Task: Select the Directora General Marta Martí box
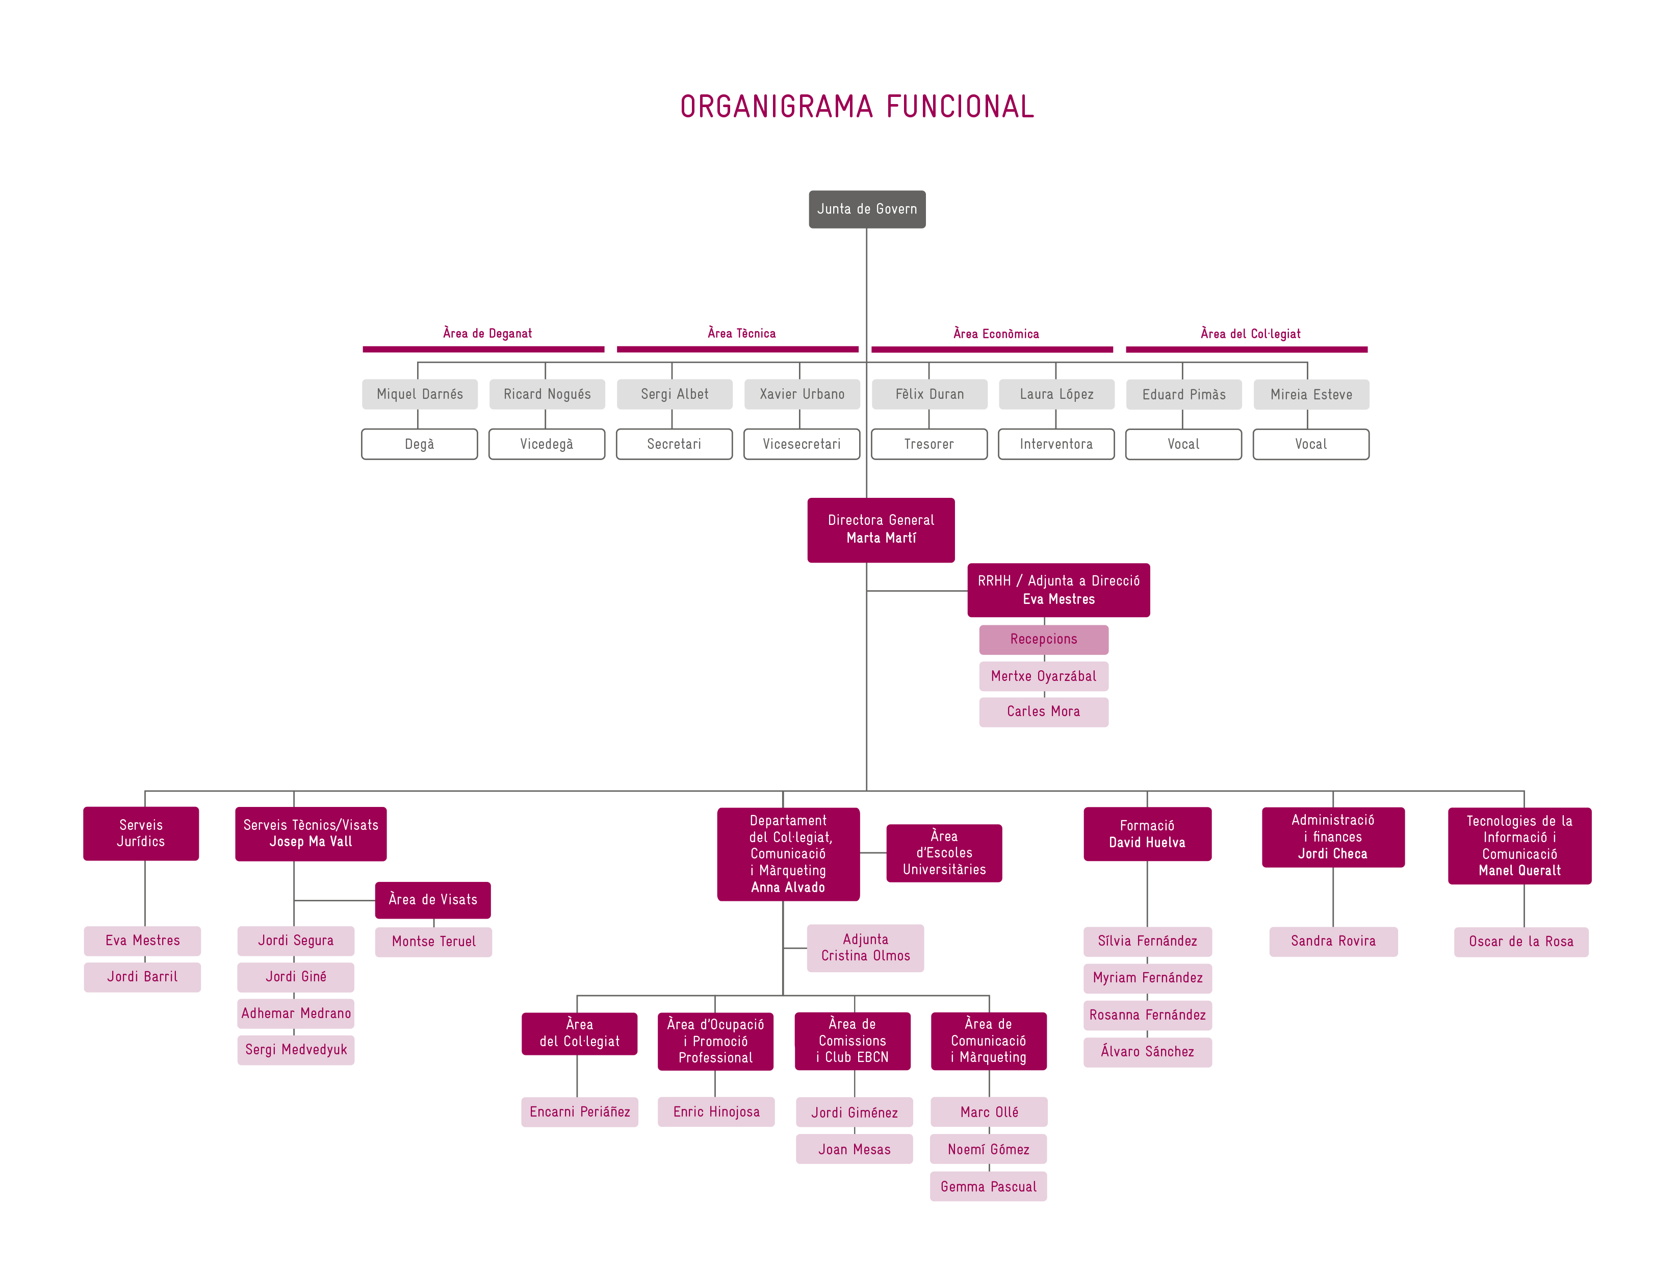click(881, 529)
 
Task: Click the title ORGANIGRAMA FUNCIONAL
click(857, 107)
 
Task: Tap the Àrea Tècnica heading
click(741, 333)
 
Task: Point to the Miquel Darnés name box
click(420, 394)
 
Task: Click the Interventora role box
click(1056, 444)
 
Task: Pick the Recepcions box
click(1043, 639)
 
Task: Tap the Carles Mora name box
click(1043, 712)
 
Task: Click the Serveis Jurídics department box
click(141, 833)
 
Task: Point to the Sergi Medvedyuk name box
click(296, 1049)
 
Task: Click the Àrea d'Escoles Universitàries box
click(944, 853)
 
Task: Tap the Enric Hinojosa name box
click(715, 1111)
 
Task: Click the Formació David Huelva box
click(1147, 834)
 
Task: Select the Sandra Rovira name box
click(1333, 941)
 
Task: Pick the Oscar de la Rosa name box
click(1520, 942)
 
